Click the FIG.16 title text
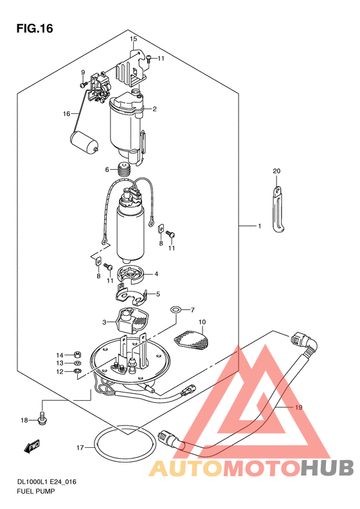pyautogui.click(x=35, y=28)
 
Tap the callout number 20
pyautogui.click(x=276, y=171)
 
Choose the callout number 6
pyautogui.click(x=107, y=169)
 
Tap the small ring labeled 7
pyautogui.click(x=175, y=310)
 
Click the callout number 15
pyautogui.click(x=133, y=39)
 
